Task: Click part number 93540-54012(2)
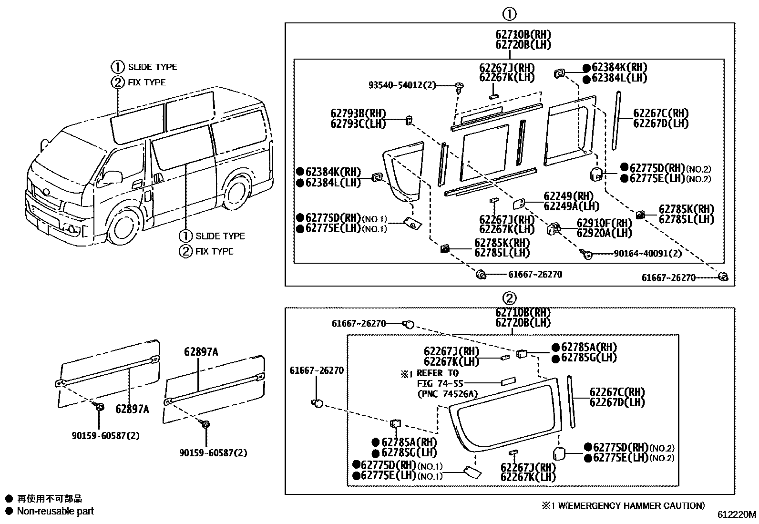[x=401, y=85]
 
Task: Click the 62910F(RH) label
[x=604, y=223]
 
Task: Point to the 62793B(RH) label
[x=358, y=114]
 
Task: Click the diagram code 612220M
[x=737, y=515]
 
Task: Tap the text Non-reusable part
[x=55, y=511]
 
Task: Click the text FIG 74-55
[x=440, y=383]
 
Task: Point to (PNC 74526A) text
[x=447, y=394]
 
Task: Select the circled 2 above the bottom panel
[x=510, y=298]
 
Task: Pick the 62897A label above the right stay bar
[x=201, y=352]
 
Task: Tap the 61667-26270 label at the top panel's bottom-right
[x=668, y=277]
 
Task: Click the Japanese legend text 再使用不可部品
[x=50, y=499]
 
